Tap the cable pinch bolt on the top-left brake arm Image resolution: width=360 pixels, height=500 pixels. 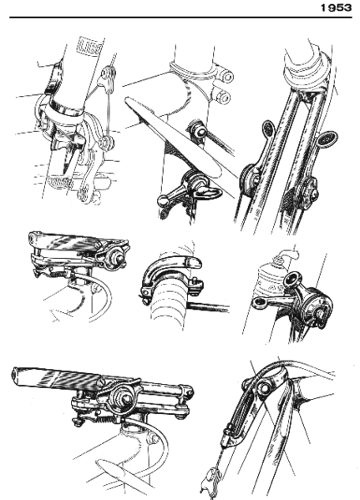pos(104,144)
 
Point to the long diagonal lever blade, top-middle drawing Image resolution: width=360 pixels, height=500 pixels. pos(176,140)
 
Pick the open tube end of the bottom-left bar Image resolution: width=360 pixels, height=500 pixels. pos(21,377)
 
